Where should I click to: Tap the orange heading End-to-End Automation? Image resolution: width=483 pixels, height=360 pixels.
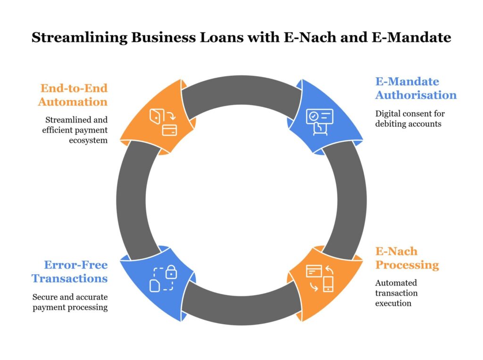tap(73, 95)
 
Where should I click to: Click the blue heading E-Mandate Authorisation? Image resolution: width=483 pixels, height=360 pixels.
tap(416, 88)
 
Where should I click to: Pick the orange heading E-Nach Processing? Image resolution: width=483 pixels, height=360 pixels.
tap(407, 258)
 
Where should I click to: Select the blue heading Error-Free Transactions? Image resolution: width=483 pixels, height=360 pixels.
tap(70, 271)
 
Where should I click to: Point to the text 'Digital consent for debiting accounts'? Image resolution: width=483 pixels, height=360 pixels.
tap(409, 119)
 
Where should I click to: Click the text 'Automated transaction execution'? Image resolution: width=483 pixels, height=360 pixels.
tap(396, 293)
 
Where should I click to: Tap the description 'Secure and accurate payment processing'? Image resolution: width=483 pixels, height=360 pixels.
tap(70, 302)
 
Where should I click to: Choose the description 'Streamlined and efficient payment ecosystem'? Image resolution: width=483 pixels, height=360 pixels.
tap(75, 130)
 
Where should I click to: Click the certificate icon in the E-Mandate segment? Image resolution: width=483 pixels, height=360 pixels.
tap(319, 116)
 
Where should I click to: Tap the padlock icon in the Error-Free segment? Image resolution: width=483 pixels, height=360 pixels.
tap(171, 272)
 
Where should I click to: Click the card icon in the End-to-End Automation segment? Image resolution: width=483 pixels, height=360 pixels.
tap(169, 130)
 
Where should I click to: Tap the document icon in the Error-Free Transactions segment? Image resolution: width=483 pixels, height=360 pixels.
tap(155, 284)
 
